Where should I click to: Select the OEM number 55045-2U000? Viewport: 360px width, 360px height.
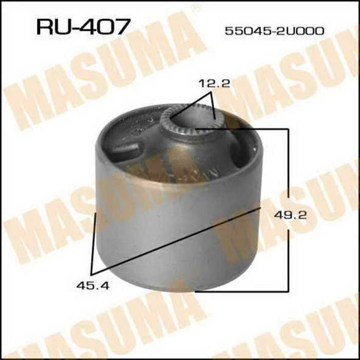274,31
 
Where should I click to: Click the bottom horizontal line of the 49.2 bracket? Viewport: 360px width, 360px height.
242,290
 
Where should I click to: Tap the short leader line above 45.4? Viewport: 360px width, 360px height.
94,242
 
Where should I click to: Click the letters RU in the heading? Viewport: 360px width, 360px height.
51,26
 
